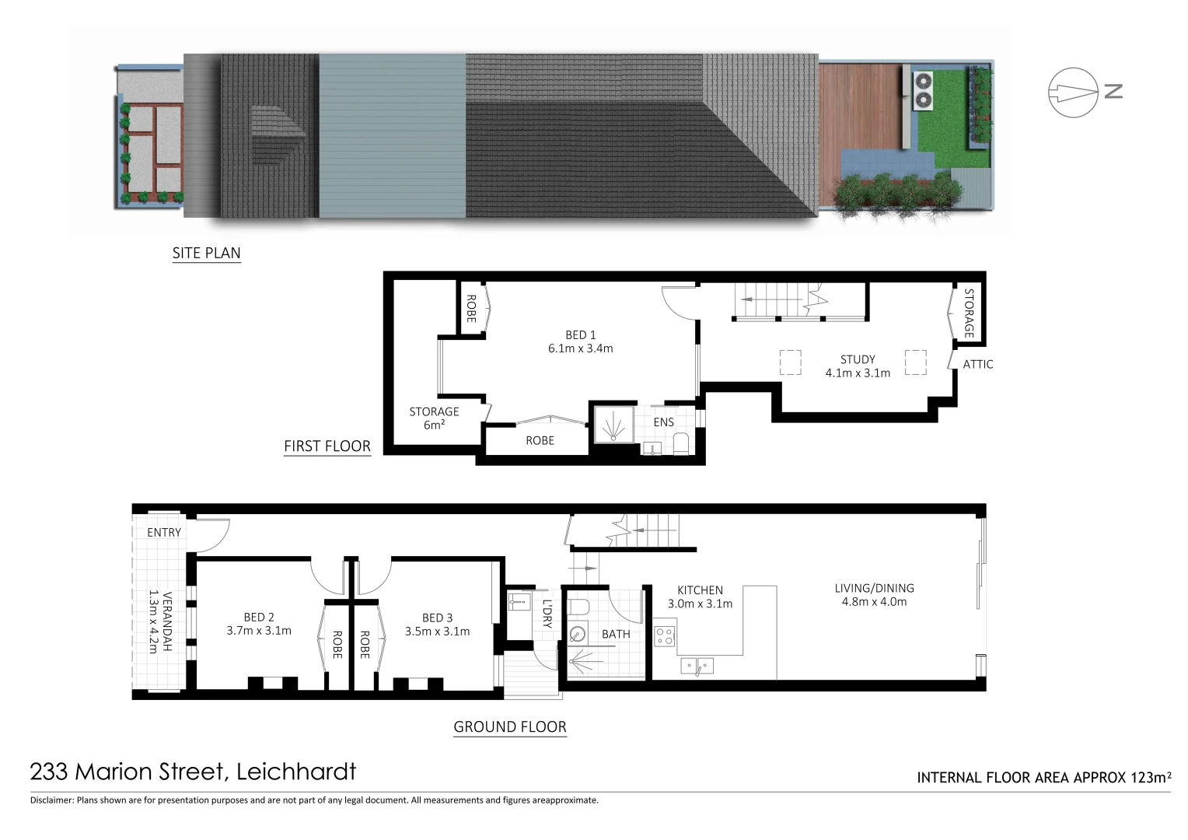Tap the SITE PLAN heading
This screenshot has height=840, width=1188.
pyautogui.click(x=206, y=253)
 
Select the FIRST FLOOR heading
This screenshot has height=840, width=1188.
pyautogui.click(x=327, y=446)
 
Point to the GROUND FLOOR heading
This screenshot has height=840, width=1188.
pyautogui.click(x=509, y=727)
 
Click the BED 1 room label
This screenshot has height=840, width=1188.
pyautogui.click(x=580, y=341)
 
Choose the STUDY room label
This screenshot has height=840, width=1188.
pyautogui.click(x=858, y=366)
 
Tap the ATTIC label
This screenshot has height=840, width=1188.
pyautogui.click(x=977, y=364)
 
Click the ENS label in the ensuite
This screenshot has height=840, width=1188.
pyautogui.click(x=663, y=422)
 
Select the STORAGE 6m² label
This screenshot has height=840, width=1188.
pyautogui.click(x=434, y=418)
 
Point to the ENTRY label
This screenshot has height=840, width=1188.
pyautogui.click(x=163, y=533)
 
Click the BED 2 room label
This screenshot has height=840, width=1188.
pyautogui.click(x=259, y=624)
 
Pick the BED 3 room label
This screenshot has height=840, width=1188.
pyautogui.click(x=437, y=624)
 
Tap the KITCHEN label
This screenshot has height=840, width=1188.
pyautogui.click(x=700, y=597)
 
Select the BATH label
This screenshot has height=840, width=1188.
pyautogui.click(x=616, y=634)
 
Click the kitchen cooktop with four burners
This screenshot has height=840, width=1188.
pyautogui.click(x=665, y=637)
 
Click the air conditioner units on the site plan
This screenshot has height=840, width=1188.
pyautogui.click(x=923, y=89)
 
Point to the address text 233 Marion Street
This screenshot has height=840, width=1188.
pyautogui.click(x=193, y=772)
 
